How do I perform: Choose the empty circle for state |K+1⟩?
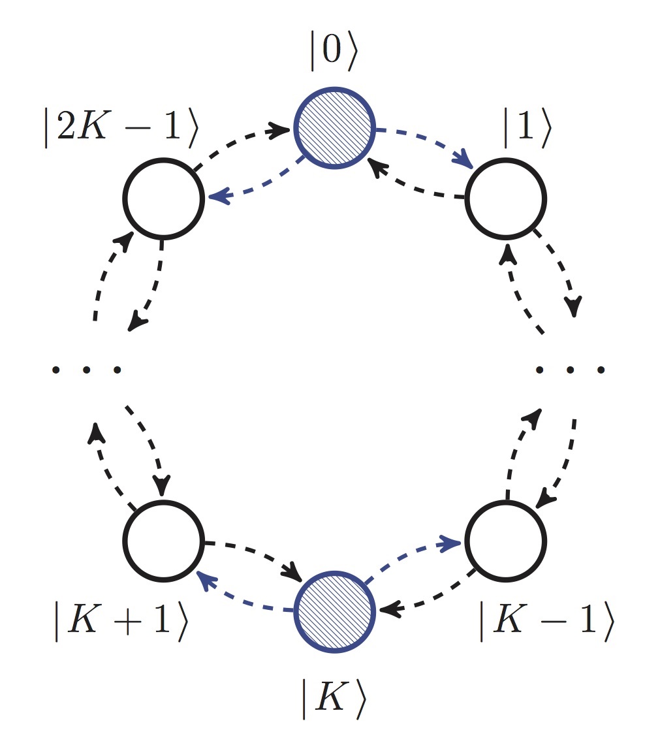(164, 541)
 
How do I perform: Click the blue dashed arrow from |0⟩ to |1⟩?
(424, 138)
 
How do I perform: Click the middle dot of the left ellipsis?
(86, 370)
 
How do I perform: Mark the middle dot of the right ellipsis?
(570, 370)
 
